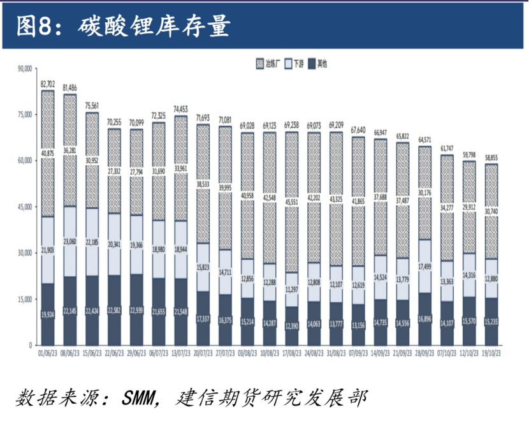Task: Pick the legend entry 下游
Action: pos(299,64)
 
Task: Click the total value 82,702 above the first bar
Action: pos(48,84)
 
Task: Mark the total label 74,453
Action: pos(181,109)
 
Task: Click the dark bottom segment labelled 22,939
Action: pos(136,309)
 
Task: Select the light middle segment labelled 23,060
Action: pos(69,241)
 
